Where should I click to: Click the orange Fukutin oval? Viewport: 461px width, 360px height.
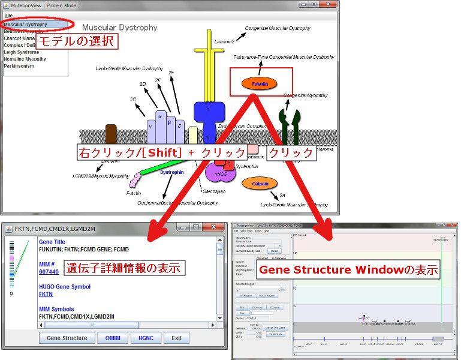(259, 84)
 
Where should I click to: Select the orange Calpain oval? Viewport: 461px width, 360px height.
(259, 183)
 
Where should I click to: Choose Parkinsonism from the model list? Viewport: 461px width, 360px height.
(19, 66)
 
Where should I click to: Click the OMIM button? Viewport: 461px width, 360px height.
(112, 338)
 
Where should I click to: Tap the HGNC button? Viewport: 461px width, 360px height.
(145, 338)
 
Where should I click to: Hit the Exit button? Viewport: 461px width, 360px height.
(176, 338)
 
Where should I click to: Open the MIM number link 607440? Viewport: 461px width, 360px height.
(49, 272)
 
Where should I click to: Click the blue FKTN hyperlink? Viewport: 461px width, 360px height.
(46, 295)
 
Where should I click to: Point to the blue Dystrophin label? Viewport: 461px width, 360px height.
(171, 172)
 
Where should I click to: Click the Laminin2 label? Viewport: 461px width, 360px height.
(224, 41)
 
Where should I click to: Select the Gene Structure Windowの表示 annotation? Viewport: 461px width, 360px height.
(348, 270)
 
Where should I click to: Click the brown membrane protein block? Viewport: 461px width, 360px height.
(111, 134)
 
